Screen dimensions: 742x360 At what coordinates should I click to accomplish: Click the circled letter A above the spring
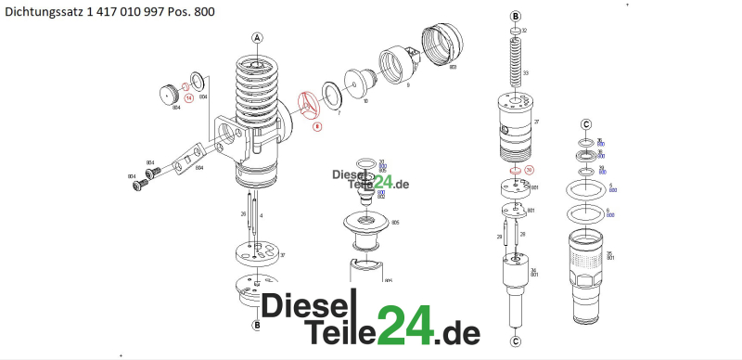[257, 37]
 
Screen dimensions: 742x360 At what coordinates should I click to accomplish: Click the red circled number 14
[188, 96]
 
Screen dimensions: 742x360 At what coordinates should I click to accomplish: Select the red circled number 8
[316, 125]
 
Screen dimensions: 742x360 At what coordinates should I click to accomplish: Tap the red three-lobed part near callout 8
[309, 104]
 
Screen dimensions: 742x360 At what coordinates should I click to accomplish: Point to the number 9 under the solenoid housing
[407, 84]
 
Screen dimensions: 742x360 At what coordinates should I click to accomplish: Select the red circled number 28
[530, 170]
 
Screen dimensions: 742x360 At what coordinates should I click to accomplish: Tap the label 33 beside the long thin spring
[526, 72]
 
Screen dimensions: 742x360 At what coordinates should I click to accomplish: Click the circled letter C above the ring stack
[585, 124]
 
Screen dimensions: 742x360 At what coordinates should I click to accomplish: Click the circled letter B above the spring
[516, 16]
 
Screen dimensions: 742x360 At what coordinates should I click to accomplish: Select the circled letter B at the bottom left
[256, 325]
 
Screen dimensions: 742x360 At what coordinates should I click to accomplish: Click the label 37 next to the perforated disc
[282, 255]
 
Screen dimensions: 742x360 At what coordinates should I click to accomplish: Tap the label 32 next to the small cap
[524, 32]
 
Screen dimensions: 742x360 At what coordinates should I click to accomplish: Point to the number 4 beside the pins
[262, 215]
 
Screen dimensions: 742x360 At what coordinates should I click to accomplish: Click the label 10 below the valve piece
[365, 100]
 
